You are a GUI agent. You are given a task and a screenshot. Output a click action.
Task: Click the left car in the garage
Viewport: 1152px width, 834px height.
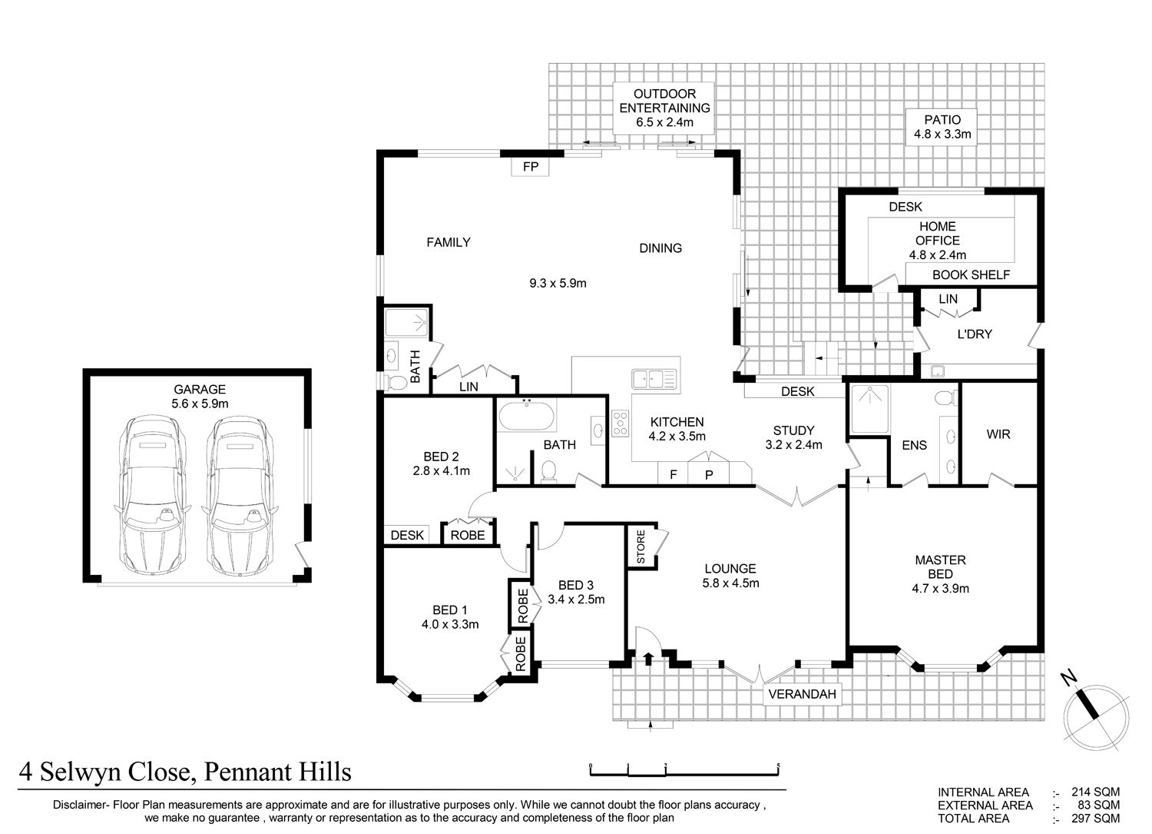(x=152, y=497)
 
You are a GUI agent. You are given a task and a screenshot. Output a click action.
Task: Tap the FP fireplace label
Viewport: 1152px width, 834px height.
(x=530, y=166)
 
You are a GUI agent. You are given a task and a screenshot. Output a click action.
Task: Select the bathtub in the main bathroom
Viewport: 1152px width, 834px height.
(x=527, y=415)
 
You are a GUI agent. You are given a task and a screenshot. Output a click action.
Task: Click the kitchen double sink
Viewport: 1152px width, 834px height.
(x=654, y=380)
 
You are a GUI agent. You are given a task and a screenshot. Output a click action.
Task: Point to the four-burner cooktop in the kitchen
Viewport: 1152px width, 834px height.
(x=621, y=424)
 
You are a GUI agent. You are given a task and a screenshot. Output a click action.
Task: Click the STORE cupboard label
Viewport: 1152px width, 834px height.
(x=641, y=547)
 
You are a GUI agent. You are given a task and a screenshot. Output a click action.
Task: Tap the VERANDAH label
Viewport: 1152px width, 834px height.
(x=802, y=694)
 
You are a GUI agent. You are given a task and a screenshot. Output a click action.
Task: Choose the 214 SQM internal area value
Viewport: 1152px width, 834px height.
(x=1095, y=792)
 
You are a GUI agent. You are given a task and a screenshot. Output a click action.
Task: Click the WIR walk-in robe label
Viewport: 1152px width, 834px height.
(x=998, y=434)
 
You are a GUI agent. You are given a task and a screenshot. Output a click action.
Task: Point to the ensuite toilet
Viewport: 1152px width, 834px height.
(x=945, y=398)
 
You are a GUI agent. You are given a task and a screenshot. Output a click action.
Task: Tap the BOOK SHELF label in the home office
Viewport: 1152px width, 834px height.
(x=971, y=275)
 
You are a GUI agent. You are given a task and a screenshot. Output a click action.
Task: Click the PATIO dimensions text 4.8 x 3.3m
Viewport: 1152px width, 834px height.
(x=942, y=135)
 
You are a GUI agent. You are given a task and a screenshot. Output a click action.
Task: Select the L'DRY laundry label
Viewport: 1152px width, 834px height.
(x=975, y=334)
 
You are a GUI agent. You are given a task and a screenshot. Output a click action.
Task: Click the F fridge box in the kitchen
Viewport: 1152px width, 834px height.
(x=674, y=474)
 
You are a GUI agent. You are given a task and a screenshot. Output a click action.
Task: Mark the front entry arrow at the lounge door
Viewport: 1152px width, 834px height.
(x=648, y=659)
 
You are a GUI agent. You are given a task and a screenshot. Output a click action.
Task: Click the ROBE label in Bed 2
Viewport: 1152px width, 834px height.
(x=468, y=536)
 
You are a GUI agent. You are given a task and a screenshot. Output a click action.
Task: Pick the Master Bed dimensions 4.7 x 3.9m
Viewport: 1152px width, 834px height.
(x=941, y=589)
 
